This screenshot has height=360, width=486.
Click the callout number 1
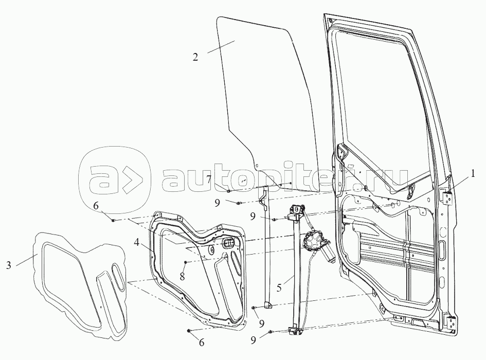point(473,174)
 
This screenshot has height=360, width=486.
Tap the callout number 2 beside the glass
point(195,58)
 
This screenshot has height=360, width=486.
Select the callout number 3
point(9,265)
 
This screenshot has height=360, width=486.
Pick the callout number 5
point(279,288)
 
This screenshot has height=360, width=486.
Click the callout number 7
point(209,179)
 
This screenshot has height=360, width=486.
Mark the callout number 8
point(182,276)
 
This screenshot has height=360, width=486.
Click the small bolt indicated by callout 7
point(228,191)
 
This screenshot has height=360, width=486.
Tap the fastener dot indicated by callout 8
point(185,262)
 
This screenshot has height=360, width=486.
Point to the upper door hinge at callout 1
point(446,196)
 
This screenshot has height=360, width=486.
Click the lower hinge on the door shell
point(451,322)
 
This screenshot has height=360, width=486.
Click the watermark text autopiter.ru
point(284,181)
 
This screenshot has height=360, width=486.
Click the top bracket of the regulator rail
point(296,212)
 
